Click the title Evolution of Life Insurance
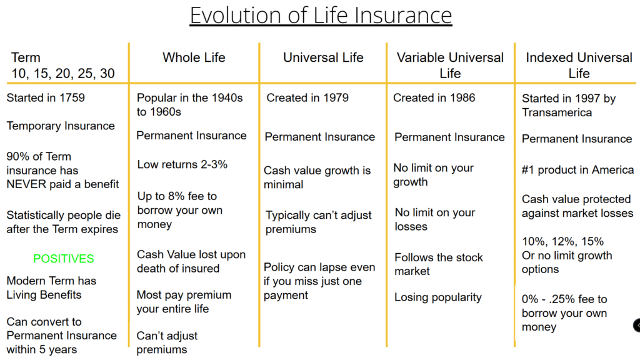(321, 16)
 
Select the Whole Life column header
(194, 57)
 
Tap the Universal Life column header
(323, 57)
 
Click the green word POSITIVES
(64, 259)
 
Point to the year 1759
(72, 98)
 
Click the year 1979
(336, 98)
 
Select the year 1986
(462, 98)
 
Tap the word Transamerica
(557, 112)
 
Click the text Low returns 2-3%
(182, 164)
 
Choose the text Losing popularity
(438, 297)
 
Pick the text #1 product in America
(577, 170)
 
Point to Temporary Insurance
(61, 126)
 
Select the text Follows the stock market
(438, 264)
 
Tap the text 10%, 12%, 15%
(563, 242)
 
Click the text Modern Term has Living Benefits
(51, 287)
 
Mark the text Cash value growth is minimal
(317, 177)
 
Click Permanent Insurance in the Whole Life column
(191, 136)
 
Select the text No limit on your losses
(435, 219)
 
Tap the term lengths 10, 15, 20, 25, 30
(63, 74)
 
